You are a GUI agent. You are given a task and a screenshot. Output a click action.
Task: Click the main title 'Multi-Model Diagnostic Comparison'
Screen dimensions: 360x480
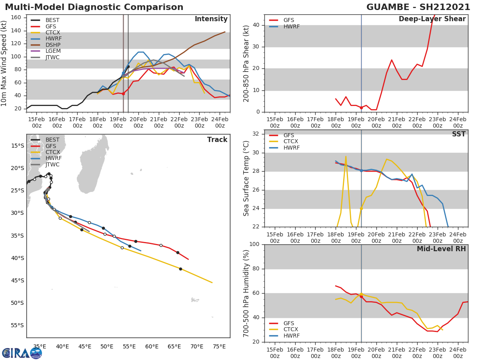coord(94,7)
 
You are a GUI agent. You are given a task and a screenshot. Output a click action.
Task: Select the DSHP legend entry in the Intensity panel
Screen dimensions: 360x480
coord(53,45)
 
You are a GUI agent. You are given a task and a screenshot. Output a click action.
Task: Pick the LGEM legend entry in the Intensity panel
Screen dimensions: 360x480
coord(53,51)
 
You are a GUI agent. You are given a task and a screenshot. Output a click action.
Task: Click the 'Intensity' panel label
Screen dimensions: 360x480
coord(211,19)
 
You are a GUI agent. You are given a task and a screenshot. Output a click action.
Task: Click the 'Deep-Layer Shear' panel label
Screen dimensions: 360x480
coord(432,19)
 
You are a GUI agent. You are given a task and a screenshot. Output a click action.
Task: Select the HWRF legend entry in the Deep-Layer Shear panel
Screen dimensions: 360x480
coord(291,26)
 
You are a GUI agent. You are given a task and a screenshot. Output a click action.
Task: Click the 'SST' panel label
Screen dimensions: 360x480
coord(458,134)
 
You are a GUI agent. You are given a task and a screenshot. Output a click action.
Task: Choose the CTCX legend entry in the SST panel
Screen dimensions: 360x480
coord(291,142)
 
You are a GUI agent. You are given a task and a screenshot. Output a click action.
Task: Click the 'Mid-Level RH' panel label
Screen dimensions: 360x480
coord(441,249)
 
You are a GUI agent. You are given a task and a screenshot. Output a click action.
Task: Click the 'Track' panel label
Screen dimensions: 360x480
coord(217,140)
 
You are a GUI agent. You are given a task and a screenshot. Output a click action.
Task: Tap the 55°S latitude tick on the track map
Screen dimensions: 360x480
coord(17,325)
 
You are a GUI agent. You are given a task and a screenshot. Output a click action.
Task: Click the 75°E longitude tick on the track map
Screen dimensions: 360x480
coord(219,346)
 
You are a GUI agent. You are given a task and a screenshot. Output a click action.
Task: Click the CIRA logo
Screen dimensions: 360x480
coord(22,353)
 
